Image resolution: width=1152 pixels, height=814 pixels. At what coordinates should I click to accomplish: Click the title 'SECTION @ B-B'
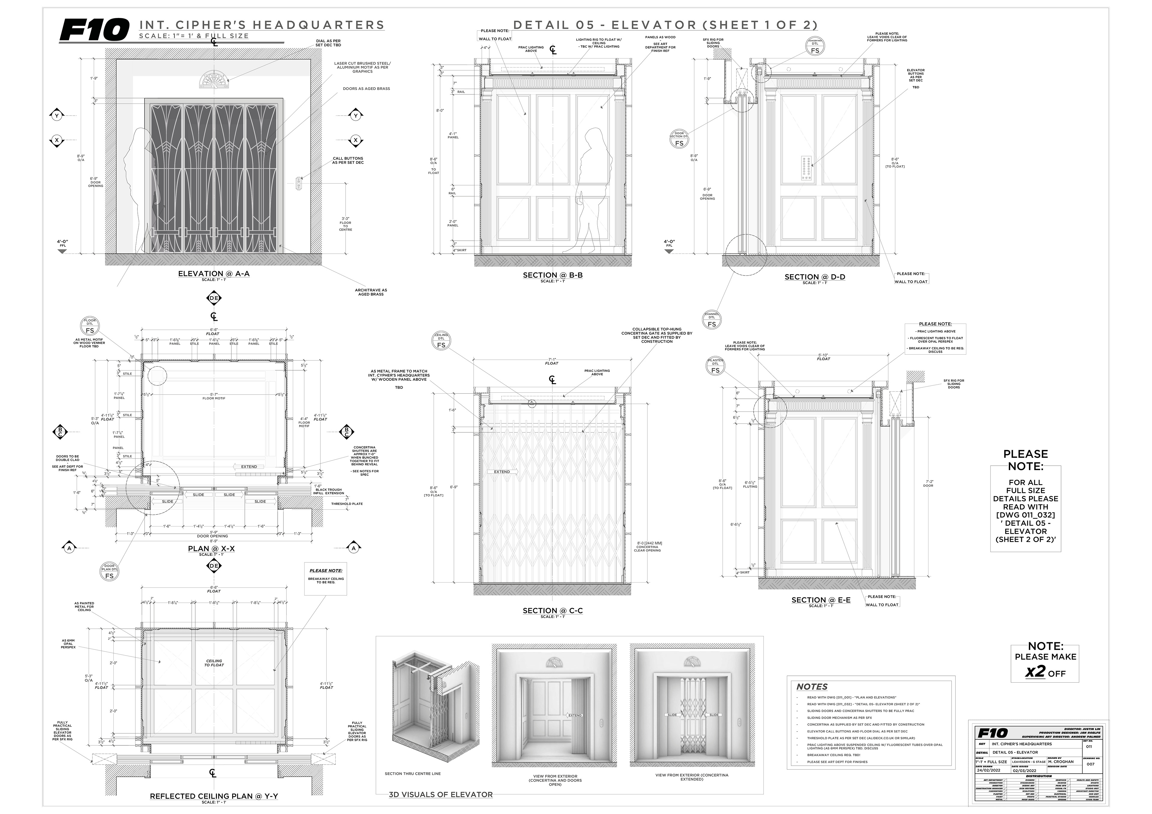pyautogui.click(x=552, y=275)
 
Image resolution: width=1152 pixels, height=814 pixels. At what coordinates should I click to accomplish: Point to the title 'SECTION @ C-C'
pyautogui.click(x=552, y=610)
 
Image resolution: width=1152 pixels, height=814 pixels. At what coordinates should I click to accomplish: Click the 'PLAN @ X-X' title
pyautogui.click(x=211, y=548)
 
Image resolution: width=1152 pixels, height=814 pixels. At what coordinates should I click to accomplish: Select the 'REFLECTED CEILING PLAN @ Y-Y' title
pyautogui.click(x=214, y=796)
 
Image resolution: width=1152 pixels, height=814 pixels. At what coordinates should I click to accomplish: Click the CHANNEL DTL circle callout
pyautogui.click(x=712, y=320)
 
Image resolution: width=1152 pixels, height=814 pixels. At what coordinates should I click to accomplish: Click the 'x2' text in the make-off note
pyautogui.click(x=1035, y=672)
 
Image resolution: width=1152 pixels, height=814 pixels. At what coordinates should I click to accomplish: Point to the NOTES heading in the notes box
pyautogui.click(x=812, y=687)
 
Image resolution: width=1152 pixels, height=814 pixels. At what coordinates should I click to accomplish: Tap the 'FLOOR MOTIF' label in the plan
pyautogui.click(x=214, y=398)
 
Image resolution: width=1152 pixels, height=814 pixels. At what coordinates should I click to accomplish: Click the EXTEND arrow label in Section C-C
pyautogui.click(x=502, y=472)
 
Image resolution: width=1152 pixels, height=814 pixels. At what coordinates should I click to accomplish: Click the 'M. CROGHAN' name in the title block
pyautogui.click(x=1061, y=761)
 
